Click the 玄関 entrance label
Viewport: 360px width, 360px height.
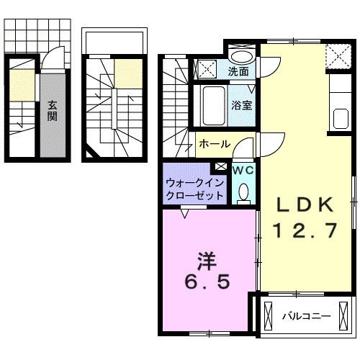pos(53,110)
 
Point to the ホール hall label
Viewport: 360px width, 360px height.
pos(214,144)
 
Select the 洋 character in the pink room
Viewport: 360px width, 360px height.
pos(206,258)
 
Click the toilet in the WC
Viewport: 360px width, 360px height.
pos(243,191)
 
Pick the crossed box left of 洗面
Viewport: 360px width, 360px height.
pos(206,71)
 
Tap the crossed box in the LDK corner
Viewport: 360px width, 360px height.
pos(335,55)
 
